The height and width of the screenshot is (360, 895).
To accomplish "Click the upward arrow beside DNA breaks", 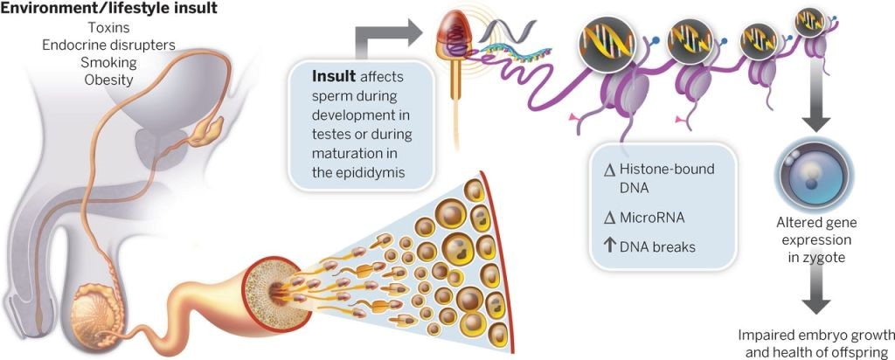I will [x=610, y=246].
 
